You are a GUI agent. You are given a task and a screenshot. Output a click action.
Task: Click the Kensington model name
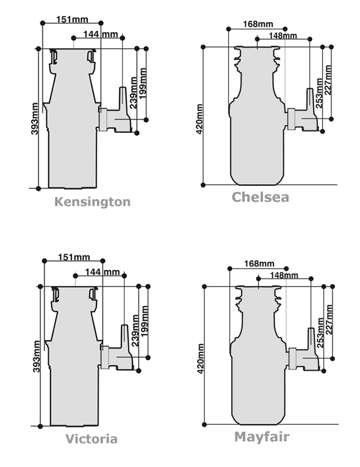[x=92, y=202]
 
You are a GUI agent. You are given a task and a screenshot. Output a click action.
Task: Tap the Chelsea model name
[x=260, y=197]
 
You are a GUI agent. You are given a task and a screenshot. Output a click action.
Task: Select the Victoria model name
[x=92, y=439]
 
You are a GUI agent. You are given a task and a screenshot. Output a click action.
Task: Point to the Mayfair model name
[x=262, y=437]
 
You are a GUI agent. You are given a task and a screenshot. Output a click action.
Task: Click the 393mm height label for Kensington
[x=35, y=118]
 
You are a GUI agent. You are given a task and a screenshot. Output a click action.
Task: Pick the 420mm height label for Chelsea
[x=200, y=119]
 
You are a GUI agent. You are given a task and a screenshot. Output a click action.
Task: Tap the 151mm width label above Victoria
[x=74, y=257]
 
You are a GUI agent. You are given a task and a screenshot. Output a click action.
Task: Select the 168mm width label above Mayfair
[x=259, y=263]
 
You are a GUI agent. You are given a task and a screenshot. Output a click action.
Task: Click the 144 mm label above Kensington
[x=101, y=34]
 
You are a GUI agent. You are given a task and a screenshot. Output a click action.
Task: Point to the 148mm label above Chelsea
[x=283, y=36]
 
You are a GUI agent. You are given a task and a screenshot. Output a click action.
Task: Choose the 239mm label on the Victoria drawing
[x=135, y=330]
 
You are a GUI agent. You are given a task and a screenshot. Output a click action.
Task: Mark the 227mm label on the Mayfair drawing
[x=329, y=319]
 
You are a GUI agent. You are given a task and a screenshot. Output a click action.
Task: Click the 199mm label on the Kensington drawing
[x=143, y=84]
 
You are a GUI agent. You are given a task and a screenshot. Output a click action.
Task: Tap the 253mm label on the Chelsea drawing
[x=319, y=93]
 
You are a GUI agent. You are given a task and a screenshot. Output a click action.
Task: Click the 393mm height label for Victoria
[x=37, y=357]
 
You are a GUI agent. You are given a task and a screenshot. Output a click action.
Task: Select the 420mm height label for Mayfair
[x=201, y=359]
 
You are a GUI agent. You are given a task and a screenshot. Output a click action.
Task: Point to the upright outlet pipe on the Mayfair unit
[x=311, y=339]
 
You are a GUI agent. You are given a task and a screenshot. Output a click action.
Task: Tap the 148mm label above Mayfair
[x=284, y=275]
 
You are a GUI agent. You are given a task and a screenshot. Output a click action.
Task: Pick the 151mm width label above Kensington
[x=72, y=20]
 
